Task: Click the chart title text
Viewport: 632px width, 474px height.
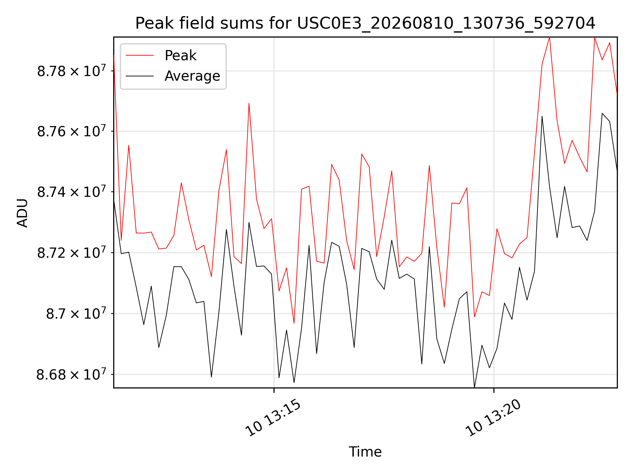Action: [x=365, y=23]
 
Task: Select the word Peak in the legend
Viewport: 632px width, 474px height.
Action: [x=180, y=55]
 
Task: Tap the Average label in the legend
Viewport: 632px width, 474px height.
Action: [x=192, y=76]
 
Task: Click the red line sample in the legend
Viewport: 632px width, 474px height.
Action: [x=140, y=55]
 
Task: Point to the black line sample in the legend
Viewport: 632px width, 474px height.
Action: [x=140, y=76]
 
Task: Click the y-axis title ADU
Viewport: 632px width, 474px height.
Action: [x=22, y=213]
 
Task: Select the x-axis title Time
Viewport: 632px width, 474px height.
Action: [x=365, y=452]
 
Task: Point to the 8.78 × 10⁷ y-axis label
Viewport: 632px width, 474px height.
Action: [x=71, y=70]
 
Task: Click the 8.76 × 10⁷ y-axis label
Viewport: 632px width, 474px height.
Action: [x=71, y=131]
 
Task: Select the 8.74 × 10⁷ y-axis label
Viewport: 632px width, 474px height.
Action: [x=71, y=192]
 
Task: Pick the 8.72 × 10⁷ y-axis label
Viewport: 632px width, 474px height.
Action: [x=71, y=252]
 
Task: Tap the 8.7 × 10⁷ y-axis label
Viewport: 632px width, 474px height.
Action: [x=76, y=313]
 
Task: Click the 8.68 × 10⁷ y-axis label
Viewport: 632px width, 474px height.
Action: [x=71, y=374]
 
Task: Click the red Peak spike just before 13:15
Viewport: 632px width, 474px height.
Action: [x=249, y=103]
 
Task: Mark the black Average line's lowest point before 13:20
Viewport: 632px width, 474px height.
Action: [x=474, y=387]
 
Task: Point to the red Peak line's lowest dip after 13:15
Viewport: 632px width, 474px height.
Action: [x=294, y=323]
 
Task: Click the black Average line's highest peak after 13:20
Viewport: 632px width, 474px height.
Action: [x=602, y=113]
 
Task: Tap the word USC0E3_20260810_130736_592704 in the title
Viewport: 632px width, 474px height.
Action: [x=446, y=23]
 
